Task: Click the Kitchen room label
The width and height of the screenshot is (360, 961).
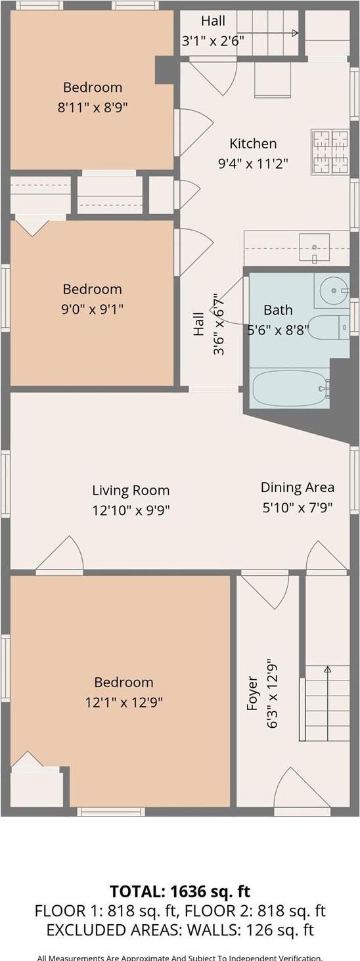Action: click(x=253, y=143)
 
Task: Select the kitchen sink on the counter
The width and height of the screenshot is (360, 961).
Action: click(x=315, y=248)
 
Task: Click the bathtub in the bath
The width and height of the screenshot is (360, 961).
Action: click(x=290, y=389)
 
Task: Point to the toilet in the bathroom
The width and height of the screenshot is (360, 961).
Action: click(x=328, y=327)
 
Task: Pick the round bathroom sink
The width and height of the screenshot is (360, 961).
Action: click(x=335, y=290)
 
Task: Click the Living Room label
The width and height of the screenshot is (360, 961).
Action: click(x=131, y=490)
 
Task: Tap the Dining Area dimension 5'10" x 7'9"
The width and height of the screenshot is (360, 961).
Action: click(x=297, y=507)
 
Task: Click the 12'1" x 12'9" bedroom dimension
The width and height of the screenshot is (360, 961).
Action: click(x=124, y=702)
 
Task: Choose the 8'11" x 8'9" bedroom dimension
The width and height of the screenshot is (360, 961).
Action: click(x=93, y=107)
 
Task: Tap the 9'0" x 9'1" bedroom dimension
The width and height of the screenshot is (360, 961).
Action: click(x=93, y=308)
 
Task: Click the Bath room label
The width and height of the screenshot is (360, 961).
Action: click(x=278, y=310)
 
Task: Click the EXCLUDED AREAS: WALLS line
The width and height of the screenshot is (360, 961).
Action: click(x=180, y=930)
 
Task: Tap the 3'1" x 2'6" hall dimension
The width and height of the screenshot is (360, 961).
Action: click(x=213, y=40)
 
